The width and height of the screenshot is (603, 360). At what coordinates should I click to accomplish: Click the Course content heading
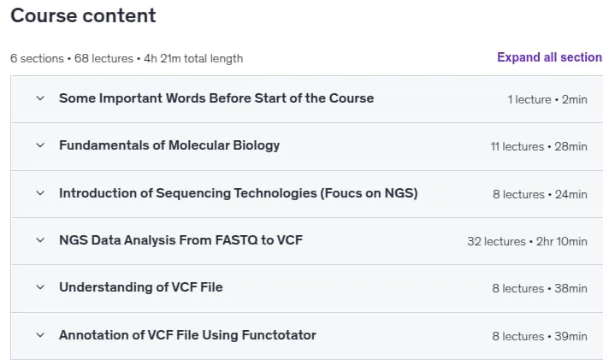click(x=83, y=15)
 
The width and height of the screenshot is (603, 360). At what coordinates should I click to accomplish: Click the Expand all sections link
click(x=550, y=57)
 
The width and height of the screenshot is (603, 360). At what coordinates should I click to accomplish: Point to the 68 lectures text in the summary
click(x=103, y=58)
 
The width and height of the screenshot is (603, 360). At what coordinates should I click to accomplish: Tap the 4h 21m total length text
click(x=193, y=58)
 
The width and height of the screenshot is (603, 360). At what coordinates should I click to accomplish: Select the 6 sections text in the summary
click(x=37, y=58)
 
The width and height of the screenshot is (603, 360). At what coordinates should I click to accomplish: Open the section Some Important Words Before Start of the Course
click(x=216, y=98)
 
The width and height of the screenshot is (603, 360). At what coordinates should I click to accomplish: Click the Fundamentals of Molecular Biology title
click(x=169, y=145)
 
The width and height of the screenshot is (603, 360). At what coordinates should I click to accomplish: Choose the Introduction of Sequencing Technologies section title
click(x=238, y=193)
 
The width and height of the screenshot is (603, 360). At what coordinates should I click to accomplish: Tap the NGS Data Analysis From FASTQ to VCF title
click(x=180, y=240)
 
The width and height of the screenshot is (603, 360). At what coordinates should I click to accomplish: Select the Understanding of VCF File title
click(x=141, y=287)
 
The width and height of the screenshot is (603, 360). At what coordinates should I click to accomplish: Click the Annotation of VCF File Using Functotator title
click(x=187, y=335)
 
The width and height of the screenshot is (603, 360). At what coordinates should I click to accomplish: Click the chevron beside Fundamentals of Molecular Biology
click(x=40, y=145)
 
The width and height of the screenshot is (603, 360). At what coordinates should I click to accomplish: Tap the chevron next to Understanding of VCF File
click(x=40, y=287)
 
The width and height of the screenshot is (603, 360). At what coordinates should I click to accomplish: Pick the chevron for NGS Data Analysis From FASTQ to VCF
click(x=40, y=240)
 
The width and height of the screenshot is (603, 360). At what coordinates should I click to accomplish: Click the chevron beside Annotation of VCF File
click(x=40, y=335)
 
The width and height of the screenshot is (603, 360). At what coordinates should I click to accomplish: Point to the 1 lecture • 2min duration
click(x=547, y=99)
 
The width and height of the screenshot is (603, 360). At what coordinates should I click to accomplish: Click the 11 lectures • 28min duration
click(x=539, y=146)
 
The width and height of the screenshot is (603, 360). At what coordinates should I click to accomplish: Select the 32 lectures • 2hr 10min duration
click(x=527, y=241)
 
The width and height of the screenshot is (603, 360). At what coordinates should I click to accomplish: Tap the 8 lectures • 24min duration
click(x=540, y=194)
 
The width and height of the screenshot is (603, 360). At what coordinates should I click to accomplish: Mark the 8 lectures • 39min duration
click(x=540, y=336)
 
